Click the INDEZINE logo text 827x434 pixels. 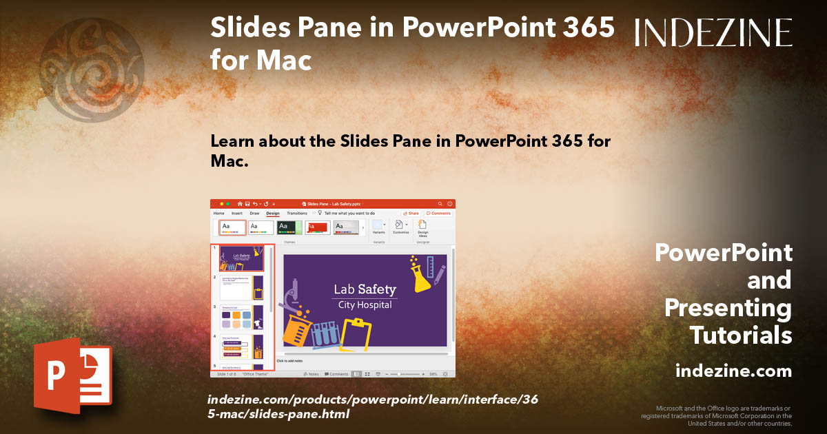pos(713,32)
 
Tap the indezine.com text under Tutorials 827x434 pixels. pos(733,371)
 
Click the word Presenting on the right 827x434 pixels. pos(728,308)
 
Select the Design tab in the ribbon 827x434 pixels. pos(273,214)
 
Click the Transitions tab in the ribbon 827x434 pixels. pos(297,214)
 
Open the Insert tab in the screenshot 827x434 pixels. pos(236,214)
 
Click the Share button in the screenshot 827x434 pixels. pos(411,214)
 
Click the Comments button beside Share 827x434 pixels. pos(438,214)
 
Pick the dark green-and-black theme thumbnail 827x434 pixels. pos(289,227)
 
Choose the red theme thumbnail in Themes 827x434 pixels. pos(318,227)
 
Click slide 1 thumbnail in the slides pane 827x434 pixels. pos(241,258)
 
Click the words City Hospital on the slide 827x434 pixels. pos(365,305)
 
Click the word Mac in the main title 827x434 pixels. pos(283,61)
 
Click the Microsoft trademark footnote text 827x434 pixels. pos(717,415)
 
